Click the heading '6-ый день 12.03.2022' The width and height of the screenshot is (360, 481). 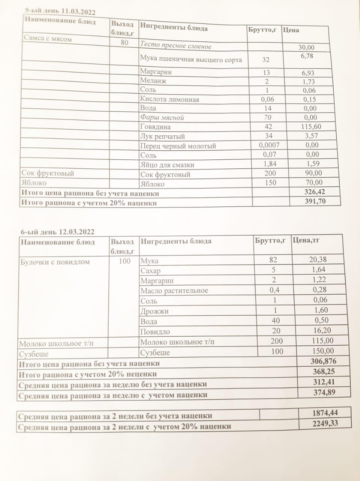point(57,232)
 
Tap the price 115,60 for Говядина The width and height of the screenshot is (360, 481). point(311,127)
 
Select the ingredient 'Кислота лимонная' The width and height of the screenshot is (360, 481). point(169,100)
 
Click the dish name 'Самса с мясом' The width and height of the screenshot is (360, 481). point(48,38)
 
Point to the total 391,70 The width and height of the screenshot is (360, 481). point(315,201)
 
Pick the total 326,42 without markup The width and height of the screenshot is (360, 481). point(315,192)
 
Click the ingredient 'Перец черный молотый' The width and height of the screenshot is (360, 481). point(178,146)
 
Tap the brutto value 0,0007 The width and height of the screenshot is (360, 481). point(269,145)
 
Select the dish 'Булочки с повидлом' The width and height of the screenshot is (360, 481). point(55,262)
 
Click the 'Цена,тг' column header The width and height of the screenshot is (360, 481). point(306,240)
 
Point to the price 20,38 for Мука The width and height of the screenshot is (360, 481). point(320,259)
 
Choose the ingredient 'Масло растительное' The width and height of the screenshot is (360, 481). point(174,290)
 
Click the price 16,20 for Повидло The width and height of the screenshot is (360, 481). point(320,330)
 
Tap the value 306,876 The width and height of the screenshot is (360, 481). point(323,361)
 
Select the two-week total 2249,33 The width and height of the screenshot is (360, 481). point(325,423)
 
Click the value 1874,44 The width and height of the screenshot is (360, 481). point(325,413)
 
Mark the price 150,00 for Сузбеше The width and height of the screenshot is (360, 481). point(323,351)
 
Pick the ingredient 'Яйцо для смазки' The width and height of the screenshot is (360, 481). point(167,165)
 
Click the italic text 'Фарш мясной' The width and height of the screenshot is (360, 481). point(162,118)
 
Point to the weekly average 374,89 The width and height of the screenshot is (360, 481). point(324,392)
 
